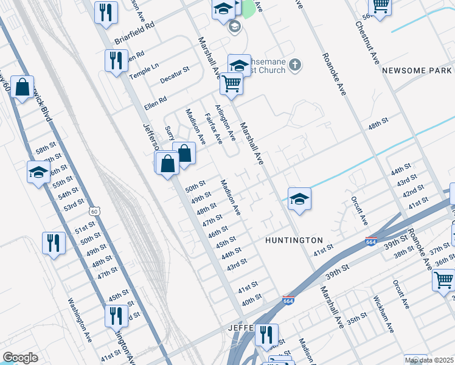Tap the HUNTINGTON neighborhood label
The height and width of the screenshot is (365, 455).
pyautogui.click(x=294, y=241)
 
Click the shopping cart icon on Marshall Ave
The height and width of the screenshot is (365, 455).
pyautogui.click(x=231, y=83)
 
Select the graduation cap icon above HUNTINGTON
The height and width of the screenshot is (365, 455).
pyautogui.click(x=299, y=199)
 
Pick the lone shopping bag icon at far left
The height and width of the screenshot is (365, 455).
pyautogui.click(x=22, y=88)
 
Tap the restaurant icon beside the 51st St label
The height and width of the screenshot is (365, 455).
pyautogui.click(x=54, y=243)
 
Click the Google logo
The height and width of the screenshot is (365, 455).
pyautogui.click(x=20, y=358)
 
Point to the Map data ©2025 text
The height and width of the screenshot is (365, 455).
pyautogui.click(x=429, y=360)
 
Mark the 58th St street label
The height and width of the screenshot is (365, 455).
pyautogui.click(x=45, y=149)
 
